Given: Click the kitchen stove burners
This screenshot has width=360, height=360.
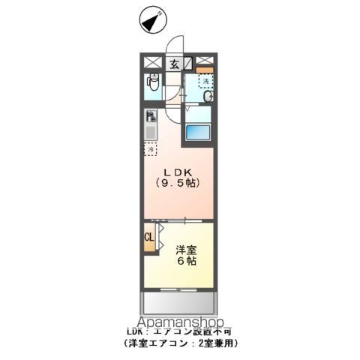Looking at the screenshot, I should pyautogui.click(x=151, y=117).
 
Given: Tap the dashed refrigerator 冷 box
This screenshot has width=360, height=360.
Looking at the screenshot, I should pyautogui.click(x=150, y=149).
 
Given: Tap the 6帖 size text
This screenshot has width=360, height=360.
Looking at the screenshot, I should pyautogui.click(x=187, y=262).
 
